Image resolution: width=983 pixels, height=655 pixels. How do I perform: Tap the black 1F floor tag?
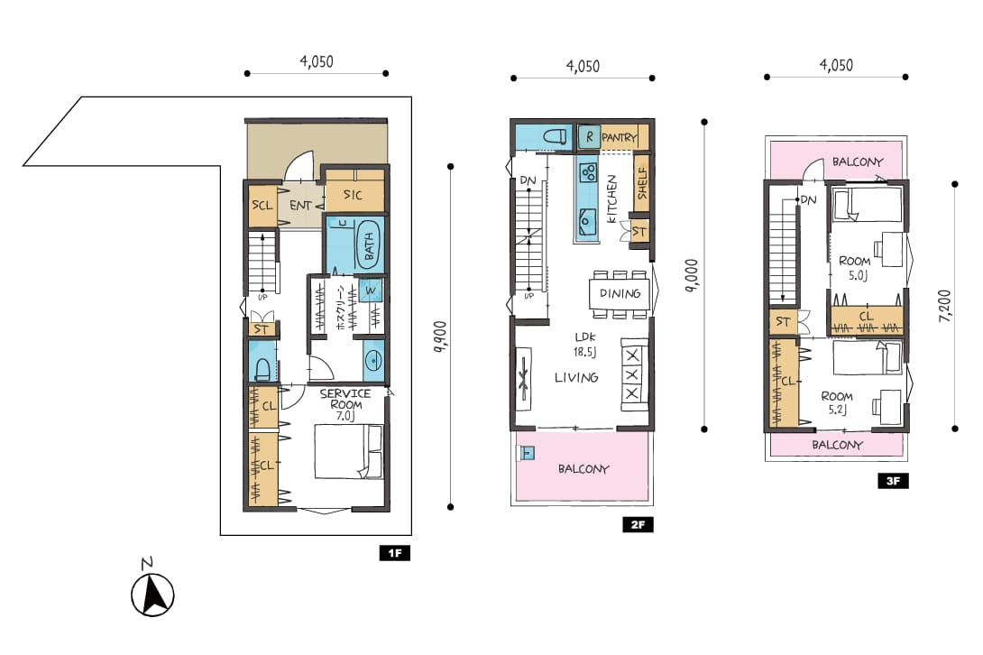[394, 553]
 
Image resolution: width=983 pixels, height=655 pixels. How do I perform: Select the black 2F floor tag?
[638, 524]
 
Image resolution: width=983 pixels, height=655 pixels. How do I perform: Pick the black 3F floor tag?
[893, 481]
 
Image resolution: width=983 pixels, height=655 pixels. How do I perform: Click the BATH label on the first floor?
[369, 246]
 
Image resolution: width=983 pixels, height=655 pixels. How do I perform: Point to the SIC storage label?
[353, 195]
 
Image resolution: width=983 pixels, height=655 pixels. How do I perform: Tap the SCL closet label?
[262, 205]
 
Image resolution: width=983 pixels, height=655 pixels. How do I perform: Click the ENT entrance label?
[301, 205]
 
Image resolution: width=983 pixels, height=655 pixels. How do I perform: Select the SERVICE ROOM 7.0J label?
[345, 405]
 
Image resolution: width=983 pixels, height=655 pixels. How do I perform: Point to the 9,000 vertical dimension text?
[692, 276]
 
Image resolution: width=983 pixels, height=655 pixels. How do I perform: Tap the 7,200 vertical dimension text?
[945, 306]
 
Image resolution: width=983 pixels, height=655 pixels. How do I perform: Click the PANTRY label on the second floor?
[619, 137]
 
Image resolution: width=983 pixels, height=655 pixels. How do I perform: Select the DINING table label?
[620, 293]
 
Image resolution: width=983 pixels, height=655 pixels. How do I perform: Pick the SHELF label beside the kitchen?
[641, 183]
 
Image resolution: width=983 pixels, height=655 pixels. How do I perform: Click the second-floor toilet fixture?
[555, 136]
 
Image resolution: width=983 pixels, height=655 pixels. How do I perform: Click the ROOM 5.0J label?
[856, 267]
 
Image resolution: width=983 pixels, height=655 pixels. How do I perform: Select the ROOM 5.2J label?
[837, 402]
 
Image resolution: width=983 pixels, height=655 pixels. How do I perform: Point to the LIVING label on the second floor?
[576, 377]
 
